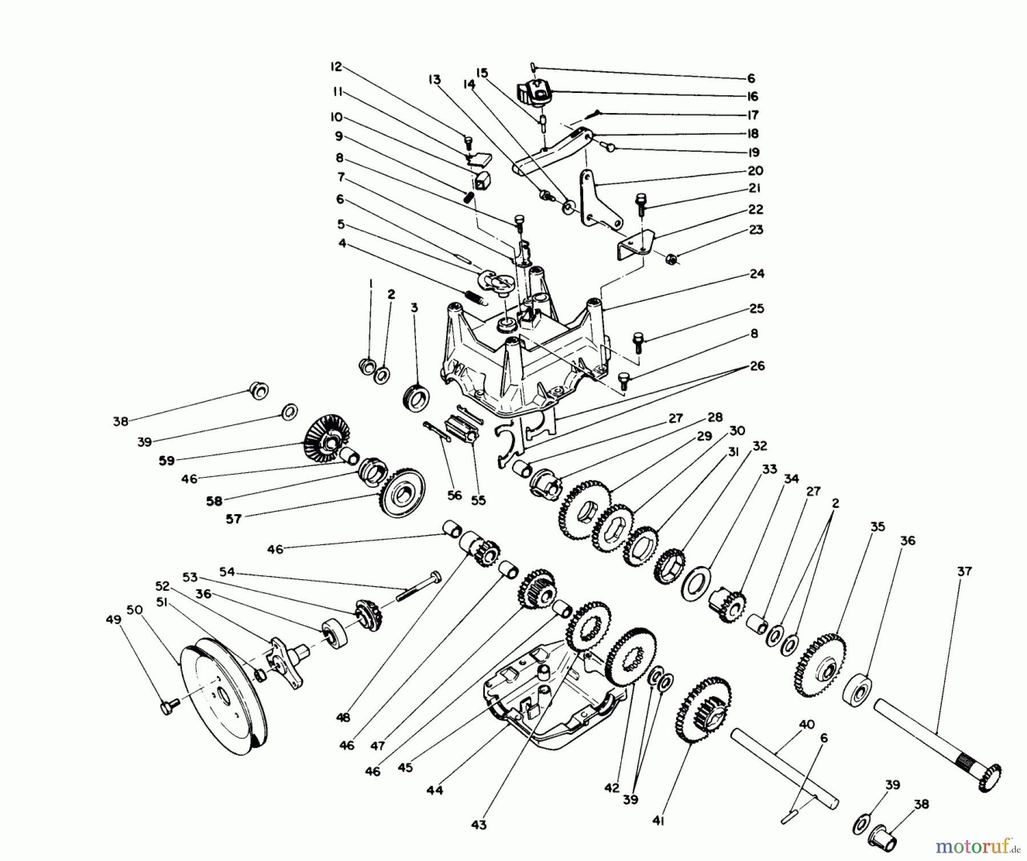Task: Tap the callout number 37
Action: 964,571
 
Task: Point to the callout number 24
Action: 757,274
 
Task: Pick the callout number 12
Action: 336,67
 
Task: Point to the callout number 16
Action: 752,96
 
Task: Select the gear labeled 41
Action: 703,710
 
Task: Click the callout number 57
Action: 233,519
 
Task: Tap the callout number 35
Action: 877,527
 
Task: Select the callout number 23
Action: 755,230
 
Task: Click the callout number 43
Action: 479,824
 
